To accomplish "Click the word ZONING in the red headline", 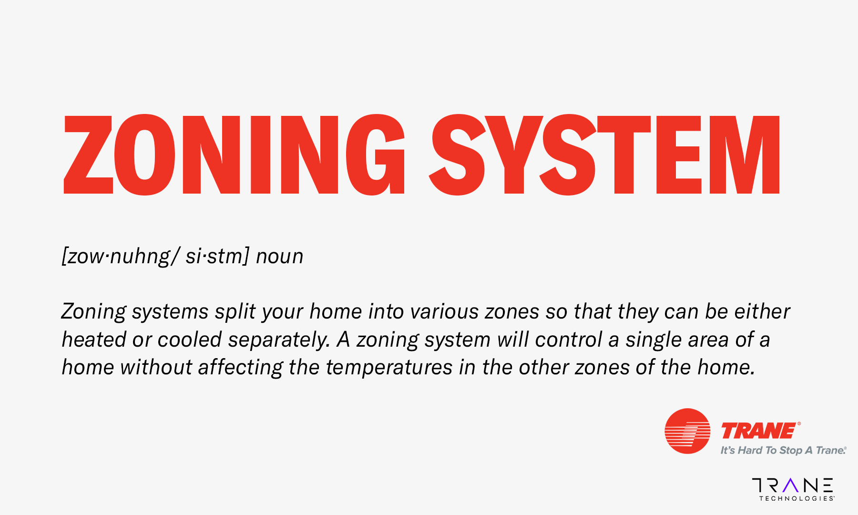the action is click(234, 154).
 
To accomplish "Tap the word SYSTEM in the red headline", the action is click(604, 154).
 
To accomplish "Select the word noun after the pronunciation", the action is click(280, 257).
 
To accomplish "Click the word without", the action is click(156, 367).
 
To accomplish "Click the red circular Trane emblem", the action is click(687, 431).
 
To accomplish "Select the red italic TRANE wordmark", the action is click(759, 431).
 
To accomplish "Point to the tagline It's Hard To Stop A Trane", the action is click(783, 450).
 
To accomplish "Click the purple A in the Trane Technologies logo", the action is click(790, 485).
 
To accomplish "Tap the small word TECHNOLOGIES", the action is click(796, 499).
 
